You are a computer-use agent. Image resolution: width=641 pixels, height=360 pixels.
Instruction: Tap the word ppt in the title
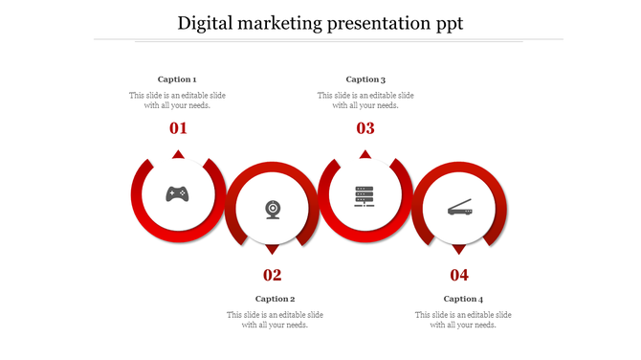(x=446, y=23)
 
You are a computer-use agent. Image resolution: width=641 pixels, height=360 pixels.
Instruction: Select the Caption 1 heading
(x=177, y=79)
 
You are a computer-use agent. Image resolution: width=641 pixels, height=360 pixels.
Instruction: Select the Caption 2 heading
(x=275, y=299)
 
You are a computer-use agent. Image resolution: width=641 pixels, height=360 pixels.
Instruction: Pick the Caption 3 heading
(x=365, y=79)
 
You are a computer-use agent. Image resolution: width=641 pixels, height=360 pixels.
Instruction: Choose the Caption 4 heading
(x=463, y=299)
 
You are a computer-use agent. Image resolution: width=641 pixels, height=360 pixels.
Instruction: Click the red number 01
(x=178, y=128)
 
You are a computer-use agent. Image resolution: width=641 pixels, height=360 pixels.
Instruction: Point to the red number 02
(x=273, y=276)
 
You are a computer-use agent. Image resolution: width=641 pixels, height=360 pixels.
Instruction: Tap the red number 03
(x=365, y=128)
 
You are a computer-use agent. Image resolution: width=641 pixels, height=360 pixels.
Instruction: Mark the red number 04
(x=459, y=276)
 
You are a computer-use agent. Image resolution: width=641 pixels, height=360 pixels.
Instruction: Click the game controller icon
(x=177, y=194)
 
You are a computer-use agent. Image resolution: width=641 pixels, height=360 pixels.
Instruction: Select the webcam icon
(x=273, y=209)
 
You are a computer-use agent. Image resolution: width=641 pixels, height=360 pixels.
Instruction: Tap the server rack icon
(x=365, y=195)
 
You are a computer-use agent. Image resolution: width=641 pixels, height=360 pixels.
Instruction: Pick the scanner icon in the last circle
(x=459, y=208)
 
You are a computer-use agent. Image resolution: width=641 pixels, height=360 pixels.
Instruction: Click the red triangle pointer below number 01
(x=178, y=154)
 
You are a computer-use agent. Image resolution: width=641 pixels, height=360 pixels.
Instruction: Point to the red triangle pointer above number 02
(x=273, y=249)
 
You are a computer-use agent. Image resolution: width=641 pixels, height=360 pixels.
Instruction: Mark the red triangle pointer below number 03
(x=365, y=154)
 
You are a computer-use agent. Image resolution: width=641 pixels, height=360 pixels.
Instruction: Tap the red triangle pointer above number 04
(x=459, y=249)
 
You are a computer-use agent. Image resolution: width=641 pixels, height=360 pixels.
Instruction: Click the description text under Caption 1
(x=178, y=101)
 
